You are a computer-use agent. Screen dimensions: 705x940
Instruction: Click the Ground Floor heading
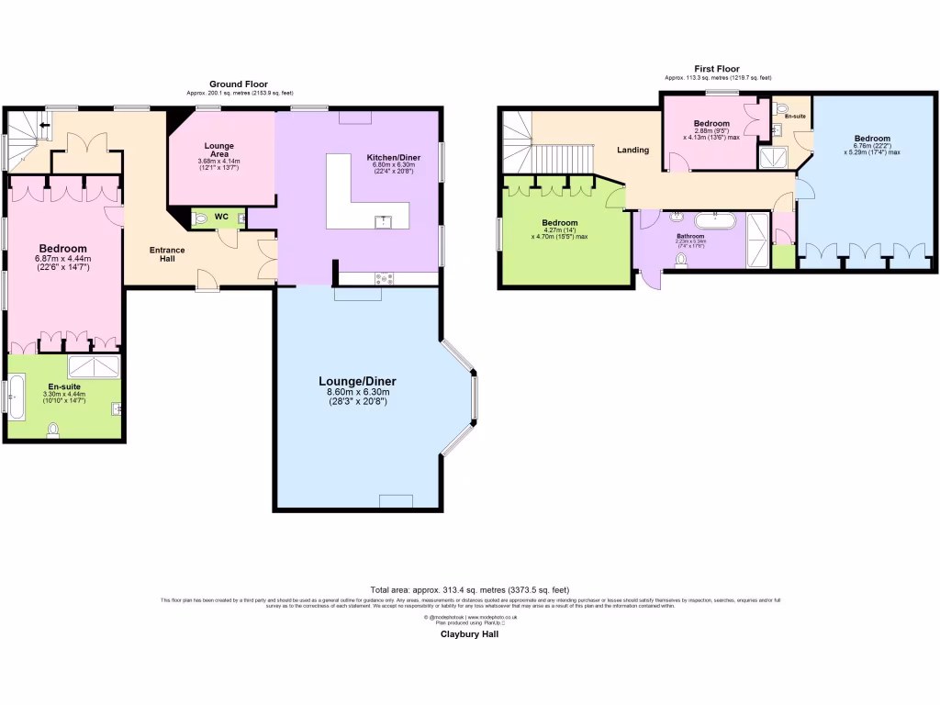click(239, 84)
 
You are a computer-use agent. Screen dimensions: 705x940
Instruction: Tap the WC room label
click(221, 217)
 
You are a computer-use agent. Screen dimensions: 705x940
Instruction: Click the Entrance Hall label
click(168, 254)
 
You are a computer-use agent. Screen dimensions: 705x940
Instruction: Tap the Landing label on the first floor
click(632, 150)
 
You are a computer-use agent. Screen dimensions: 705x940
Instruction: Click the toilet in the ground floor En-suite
click(52, 429)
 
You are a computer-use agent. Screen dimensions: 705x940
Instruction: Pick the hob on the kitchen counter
click(384, 278)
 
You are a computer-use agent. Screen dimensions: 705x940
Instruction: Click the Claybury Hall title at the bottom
click(469, 633)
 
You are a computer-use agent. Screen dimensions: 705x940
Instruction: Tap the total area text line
click(469, 589)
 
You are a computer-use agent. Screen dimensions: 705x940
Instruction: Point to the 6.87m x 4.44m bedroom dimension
click(62, 261)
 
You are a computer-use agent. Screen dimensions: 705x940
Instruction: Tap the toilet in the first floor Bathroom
click(680, 261)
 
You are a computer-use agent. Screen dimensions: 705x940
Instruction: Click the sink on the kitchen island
click(383, 221)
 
